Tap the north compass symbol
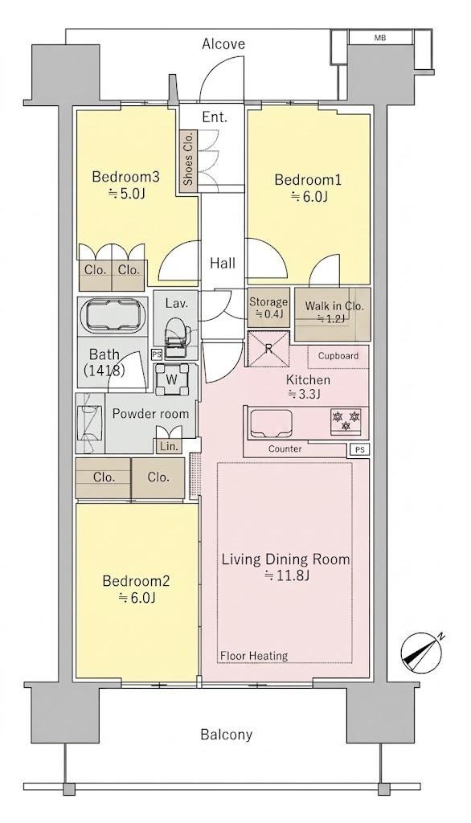click(422, 653)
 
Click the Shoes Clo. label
click(188, 158)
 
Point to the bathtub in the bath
click(113, 315)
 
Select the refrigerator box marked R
click(268, 349)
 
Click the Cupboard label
click(338, 355)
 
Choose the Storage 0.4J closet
click(268, 308)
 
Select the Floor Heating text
click(254, 655)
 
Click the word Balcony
click(227, 734)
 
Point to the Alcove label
click(223, 44)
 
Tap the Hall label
click(223, 263)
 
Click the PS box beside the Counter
click(359, 450)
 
